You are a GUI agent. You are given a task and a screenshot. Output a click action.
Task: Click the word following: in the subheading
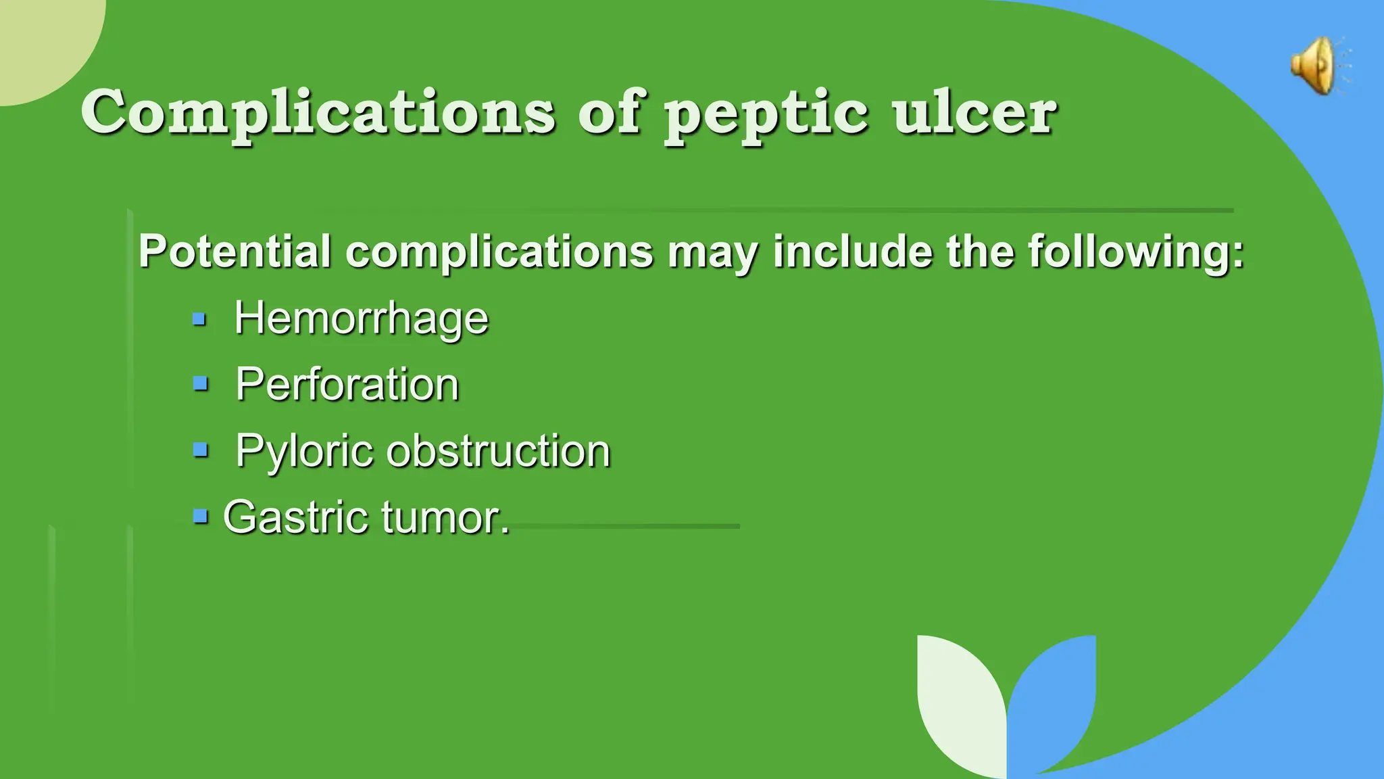(1136, 251)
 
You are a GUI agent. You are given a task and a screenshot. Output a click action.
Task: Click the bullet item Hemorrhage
(361, 318)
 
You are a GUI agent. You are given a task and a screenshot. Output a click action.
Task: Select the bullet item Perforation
(347, 384)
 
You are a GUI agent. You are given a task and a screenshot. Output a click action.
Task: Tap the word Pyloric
(304, 450)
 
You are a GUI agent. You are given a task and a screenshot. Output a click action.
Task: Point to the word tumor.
(445, 517)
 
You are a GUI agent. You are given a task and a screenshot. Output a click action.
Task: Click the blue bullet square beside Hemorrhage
(199, 318)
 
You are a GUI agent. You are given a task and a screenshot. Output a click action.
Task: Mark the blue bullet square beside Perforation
(200, 384)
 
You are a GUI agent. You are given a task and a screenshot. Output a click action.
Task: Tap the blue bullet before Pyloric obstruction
(200, 450)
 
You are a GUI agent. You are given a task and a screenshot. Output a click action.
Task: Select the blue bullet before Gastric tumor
(200, 517)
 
